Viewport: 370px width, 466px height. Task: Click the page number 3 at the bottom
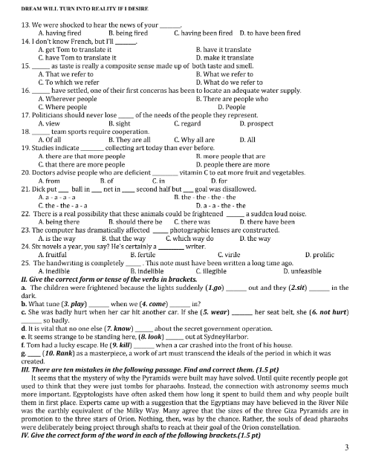(x=347, y=449)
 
